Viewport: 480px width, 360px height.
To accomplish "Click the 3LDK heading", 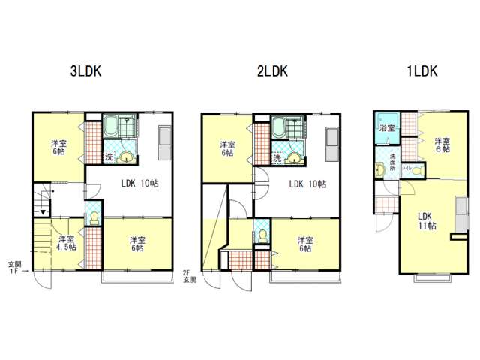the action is click(85, 71).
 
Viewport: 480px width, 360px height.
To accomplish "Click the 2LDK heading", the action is click(272, 71).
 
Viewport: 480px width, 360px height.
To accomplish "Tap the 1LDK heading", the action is click(421, 71).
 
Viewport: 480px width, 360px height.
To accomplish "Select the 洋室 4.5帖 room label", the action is click(66, 242).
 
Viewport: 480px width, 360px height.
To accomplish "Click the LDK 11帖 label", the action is click(427, 221).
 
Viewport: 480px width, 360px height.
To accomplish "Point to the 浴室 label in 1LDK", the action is click(387, 128).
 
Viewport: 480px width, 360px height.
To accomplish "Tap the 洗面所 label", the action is click(392, 162).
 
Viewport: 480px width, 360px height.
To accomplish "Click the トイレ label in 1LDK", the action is click(406, 168).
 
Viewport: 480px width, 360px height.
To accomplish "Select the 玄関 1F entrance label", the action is click(15, 267).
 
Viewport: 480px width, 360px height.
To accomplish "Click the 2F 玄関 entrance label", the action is click(190, 276).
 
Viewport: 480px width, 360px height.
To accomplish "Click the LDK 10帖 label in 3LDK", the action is click(140, 183).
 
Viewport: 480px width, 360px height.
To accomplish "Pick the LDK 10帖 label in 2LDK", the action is click(307, 184).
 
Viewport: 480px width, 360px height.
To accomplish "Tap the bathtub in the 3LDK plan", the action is click(110, 126).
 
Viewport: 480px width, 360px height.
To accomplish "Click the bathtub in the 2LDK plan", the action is click(278, 127).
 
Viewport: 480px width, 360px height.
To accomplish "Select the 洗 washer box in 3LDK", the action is click(109, 157).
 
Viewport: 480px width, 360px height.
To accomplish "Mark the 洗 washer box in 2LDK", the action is click(277, 158).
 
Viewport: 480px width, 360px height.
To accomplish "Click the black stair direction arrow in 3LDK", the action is click(43, 211).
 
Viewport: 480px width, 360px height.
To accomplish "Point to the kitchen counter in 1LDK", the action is click(461, 214).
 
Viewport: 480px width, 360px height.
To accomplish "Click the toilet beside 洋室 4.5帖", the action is click(94, 218).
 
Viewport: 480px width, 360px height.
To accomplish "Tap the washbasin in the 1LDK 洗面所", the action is click(380, 170).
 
